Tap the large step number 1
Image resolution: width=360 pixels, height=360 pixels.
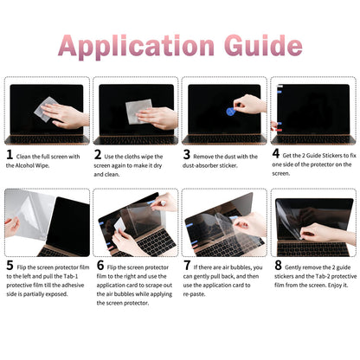[10, 156]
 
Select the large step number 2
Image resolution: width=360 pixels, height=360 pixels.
[99, 156]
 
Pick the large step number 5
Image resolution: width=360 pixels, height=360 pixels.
[10, 267]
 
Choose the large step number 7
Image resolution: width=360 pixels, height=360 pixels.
[188, 267]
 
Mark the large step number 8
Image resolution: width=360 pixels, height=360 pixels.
[277, 267]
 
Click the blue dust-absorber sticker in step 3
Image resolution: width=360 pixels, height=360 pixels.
[230, 112]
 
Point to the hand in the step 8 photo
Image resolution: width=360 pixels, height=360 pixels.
[325, 232]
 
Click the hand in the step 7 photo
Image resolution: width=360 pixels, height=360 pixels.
[252, 223]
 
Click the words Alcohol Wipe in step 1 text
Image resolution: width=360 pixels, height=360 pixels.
[35, 166]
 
